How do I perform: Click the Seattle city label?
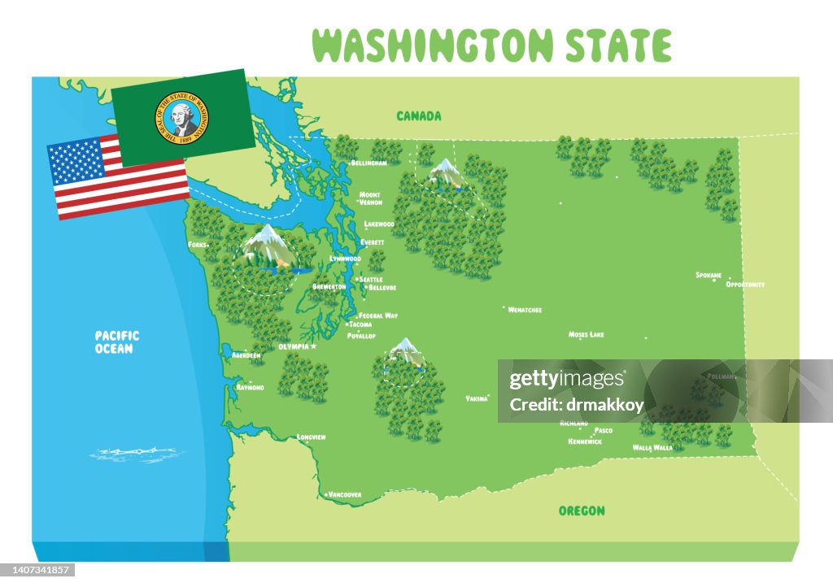[x=371, y=280]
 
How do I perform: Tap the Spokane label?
[x=709, y=275]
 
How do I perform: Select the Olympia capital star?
[x=313, y=346]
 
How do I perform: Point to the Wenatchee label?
[x=525, y=310]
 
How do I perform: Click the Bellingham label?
[x=369, y=163]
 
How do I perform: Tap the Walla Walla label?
[x=652, y=447]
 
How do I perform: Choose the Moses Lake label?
[x=586, y=334]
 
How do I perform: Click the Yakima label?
[x=477, y=398]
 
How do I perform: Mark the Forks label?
[x=197, y=244]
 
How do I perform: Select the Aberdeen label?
[x=246, y=355]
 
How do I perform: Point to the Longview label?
[x=312, y=437]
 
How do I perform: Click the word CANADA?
[x=419, y=116]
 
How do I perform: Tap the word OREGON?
[x=582, y=511]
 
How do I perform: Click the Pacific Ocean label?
[x=117, y=341]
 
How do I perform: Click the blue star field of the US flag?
[x=77, y=159]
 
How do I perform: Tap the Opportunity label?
[x=745, y=285]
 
